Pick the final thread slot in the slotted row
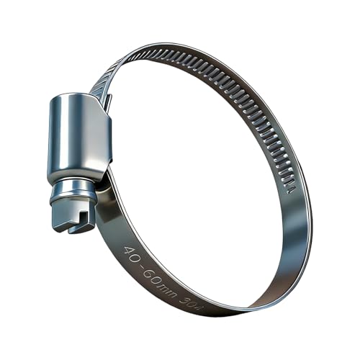(290, 190)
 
